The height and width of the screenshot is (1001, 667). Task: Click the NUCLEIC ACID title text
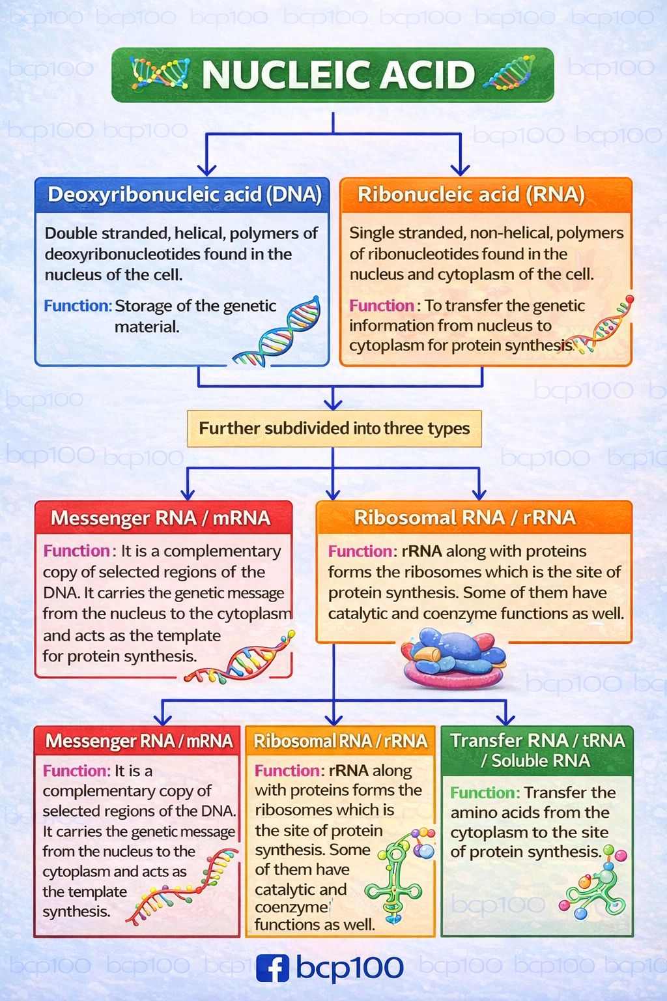coord(338,75)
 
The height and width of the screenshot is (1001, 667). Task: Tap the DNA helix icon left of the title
coord(161,73)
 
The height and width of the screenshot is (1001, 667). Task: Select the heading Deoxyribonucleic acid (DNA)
coord(184,194)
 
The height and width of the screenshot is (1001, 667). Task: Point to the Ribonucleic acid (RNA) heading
coord(471,194)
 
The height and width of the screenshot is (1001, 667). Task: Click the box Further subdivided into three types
coord(334,429)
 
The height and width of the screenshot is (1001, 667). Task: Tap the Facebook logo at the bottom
coord(272,968)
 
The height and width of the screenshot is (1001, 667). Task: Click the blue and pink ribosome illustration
coord(454,658)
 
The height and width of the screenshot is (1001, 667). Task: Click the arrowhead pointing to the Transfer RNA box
coord(505,719)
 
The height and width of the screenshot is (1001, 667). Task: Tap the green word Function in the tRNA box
coord(485,792)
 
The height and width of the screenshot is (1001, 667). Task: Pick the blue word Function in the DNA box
coord(78,306)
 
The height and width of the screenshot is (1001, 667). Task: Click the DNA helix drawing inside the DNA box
coord(277,331)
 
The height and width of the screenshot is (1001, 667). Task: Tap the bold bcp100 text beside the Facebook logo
coord(350,968)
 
